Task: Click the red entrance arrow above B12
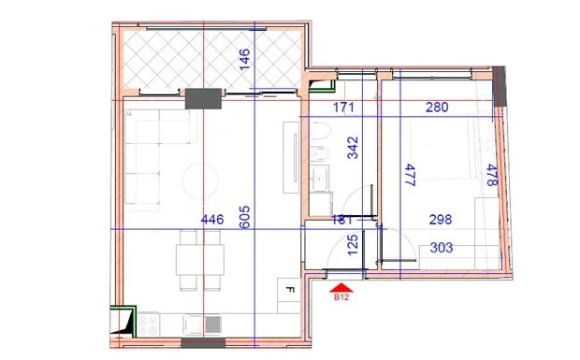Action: pos(341,288)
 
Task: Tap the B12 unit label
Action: pos(341,300)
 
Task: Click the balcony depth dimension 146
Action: pos(244,58)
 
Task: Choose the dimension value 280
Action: pos(436,108)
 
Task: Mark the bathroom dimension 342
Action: pos(354,149)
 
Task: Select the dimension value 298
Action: pos(440,221)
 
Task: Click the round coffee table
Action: pos(197,178)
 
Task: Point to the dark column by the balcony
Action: pos(202,98)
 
